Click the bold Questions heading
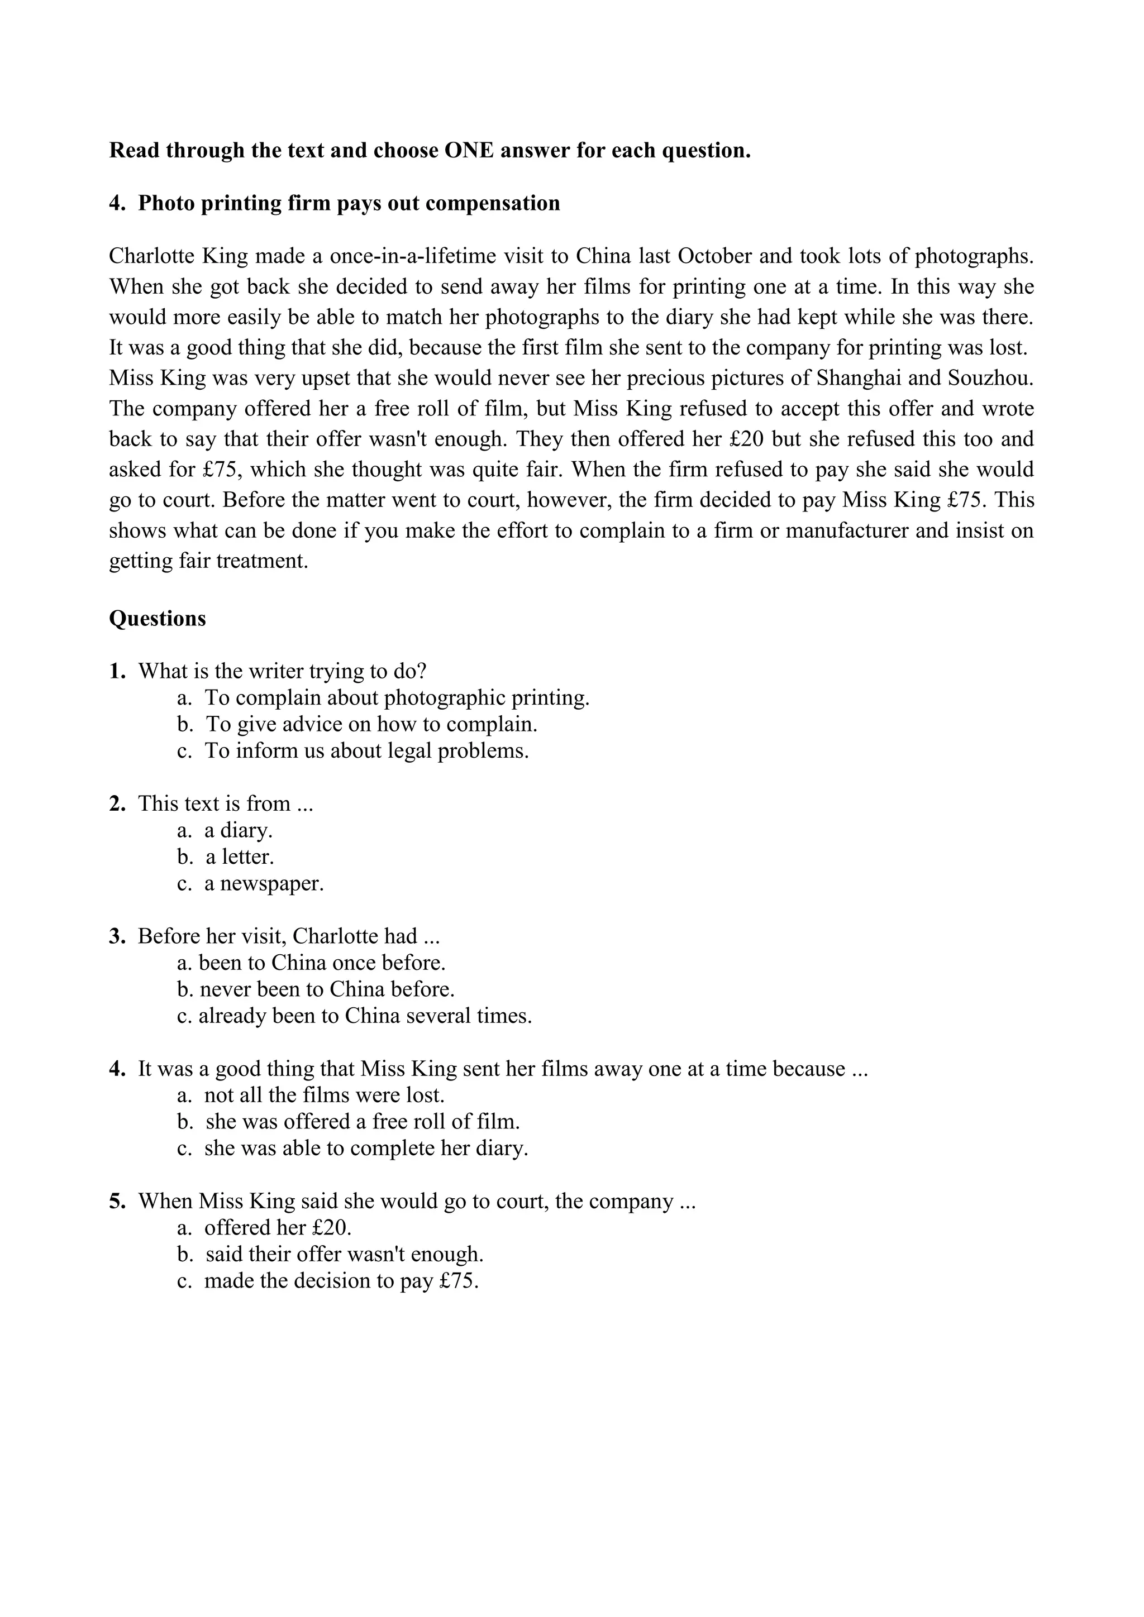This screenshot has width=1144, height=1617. tap(157, 618)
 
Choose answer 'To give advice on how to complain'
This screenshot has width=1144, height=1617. tap(371, 724)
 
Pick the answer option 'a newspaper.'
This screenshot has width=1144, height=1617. tap(264, 883)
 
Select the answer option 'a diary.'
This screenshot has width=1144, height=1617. tap(238, 830)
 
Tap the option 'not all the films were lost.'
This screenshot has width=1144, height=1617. tap(324, 1095)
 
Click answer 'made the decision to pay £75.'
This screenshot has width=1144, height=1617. tap(341, 1280)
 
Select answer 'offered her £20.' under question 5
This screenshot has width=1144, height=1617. tap(278, 1227)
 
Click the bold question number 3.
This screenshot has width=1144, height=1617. tap(117, 937)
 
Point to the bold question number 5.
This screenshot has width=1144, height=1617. tap(117, 1202)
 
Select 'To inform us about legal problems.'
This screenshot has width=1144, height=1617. tap(366, 751)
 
